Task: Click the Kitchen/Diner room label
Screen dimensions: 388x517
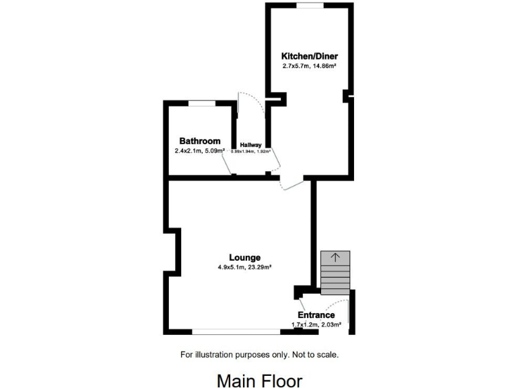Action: click(309, 57)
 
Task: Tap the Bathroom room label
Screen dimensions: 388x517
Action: click(200, 141)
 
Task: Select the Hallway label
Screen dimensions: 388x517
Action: click(250, 145)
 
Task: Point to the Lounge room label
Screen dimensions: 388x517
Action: click(244, 257)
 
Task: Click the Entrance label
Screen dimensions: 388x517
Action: click(316, 315)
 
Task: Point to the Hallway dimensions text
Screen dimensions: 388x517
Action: click(250, 152)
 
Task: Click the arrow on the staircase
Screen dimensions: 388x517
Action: click(335, 257)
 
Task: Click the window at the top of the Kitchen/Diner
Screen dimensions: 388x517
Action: click(310, 5)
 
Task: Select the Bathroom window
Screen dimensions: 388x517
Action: click(201, 102)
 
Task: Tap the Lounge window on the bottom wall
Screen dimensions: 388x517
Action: click(236, 331)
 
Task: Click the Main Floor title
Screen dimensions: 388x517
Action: click(259, 381)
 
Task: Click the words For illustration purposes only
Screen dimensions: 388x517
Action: click(231, 354)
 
